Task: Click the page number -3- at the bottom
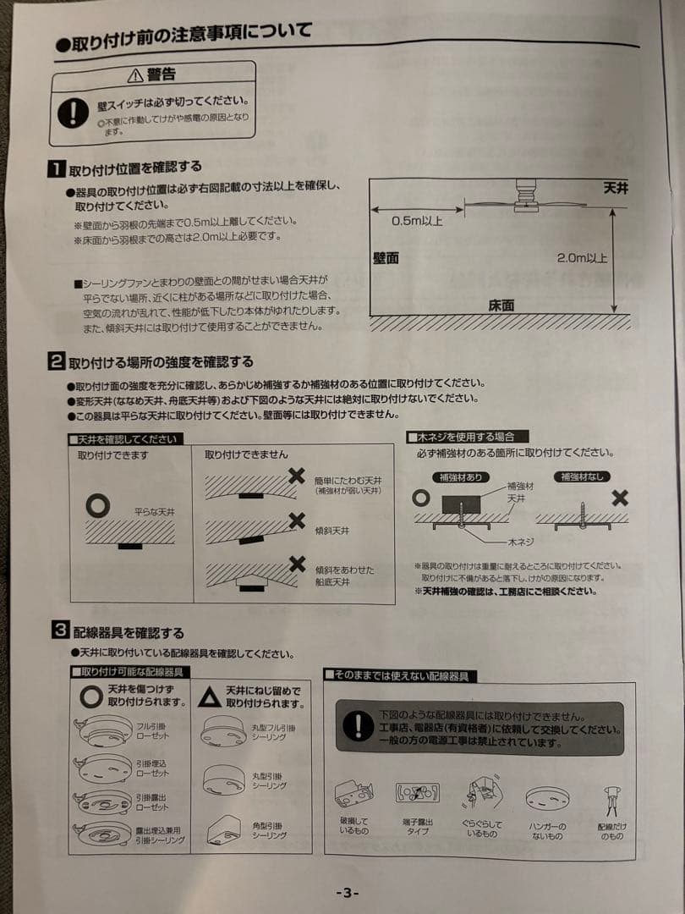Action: (348, 893)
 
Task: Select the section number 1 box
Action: (55, 167)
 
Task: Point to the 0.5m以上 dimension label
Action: (416, 221)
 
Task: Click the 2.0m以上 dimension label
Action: (582, 257)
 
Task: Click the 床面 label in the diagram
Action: (501, 306)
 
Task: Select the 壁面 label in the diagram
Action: (386, 257)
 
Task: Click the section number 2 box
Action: (55, 362)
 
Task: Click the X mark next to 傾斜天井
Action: (297, 520)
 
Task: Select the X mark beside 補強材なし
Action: (620, 498)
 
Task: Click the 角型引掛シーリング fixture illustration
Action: (223, 827)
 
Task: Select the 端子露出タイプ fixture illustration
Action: (417, 793)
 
